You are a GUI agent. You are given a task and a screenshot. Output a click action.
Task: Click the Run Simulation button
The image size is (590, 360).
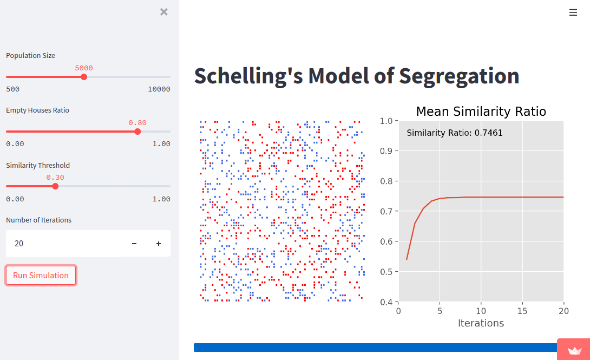[41, 275]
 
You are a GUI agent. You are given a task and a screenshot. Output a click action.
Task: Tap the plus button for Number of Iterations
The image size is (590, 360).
[159, 244]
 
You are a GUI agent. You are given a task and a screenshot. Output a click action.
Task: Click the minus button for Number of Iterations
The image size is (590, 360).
[134, 244]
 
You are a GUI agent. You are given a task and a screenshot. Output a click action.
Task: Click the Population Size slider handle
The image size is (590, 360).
[83, 77]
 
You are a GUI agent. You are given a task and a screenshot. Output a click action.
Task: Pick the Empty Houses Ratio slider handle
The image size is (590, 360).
[137, 132]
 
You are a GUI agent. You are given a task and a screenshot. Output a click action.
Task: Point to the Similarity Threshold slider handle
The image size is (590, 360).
[55, 186]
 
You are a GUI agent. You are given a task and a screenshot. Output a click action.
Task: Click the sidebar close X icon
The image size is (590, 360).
[164, 12]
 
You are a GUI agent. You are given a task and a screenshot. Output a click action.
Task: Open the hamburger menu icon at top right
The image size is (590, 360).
[573, 12]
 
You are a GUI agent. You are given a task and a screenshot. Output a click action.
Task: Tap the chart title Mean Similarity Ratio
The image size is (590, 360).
[481, 112]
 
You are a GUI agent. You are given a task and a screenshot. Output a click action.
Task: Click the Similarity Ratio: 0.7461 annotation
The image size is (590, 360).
[455, 133]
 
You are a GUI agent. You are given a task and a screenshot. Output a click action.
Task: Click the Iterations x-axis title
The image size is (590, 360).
[481, 323]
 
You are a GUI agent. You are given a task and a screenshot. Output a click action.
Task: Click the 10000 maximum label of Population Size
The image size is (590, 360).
[159, 89]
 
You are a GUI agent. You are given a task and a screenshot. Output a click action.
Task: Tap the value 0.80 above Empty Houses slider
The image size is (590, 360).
[137, 123]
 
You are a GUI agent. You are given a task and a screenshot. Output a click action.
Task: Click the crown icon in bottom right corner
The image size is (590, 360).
[574, 350]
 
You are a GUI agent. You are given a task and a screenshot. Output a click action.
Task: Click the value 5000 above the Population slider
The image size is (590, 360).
[83, 68]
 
